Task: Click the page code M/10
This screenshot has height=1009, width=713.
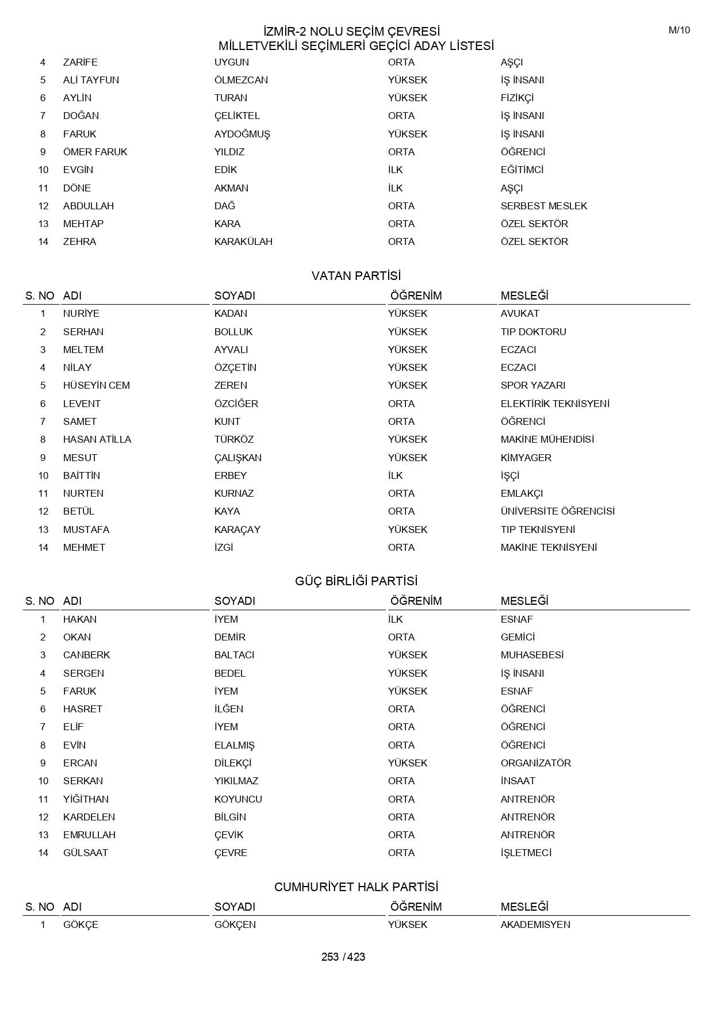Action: coord(679,30)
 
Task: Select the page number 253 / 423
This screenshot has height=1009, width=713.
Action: coord(343,957)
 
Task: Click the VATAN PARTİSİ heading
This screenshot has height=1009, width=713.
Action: coord(356,276)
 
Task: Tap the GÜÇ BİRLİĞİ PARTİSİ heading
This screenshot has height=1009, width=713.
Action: coord(356,581)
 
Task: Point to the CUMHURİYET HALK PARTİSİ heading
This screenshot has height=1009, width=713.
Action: coord(356,887)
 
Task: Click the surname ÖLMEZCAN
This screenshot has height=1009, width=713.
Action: coord(241,80)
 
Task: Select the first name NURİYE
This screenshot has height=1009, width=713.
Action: coord(81,313)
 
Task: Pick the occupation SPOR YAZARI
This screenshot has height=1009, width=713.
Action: coord(532,385)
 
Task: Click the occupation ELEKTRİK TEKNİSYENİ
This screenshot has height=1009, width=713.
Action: coord(555,404)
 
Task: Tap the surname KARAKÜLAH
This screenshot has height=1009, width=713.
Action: coord(243,241)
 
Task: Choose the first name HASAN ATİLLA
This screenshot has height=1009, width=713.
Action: coord(97,439)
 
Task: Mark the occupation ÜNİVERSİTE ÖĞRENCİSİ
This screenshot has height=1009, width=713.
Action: coord(557,511)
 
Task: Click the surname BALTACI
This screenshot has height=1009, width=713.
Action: coord(234,655)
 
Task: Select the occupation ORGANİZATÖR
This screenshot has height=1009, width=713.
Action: coord(535,763)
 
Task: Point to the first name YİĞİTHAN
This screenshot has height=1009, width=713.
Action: coord(86,799)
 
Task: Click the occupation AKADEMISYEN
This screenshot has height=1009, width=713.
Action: coord(535,924)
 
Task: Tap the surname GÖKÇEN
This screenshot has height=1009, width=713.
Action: coord(235,924)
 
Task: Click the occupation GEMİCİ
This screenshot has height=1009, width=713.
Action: coord(517,637)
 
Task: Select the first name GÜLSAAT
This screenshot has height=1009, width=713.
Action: coord(86,853)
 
